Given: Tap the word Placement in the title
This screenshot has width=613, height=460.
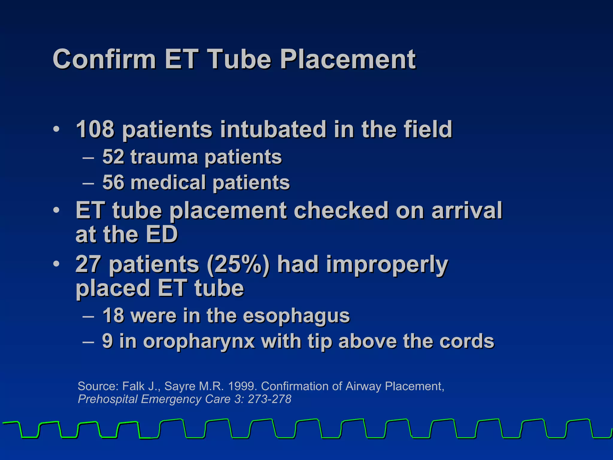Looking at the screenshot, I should point(348,59).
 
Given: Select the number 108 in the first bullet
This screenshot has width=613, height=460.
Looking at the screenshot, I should point(95,129).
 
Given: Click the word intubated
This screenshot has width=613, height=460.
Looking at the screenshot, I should point(273,129).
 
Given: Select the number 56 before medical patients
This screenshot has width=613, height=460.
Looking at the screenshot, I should point(113,182).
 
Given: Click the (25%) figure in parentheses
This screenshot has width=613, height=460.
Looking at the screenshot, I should point(238,264).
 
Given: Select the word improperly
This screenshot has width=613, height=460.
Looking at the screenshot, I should point(387,265).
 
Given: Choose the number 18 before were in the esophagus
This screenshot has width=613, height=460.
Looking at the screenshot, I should point(113,316).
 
